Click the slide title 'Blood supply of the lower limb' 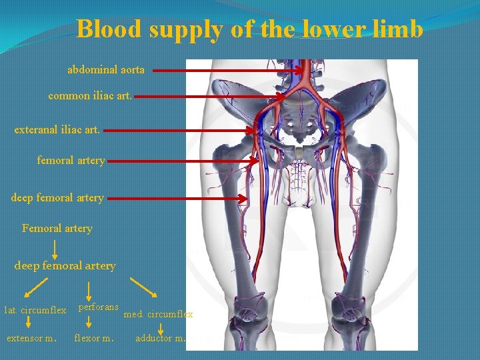click(250, 29)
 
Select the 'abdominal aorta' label click(106, 69)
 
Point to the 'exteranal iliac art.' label click(57, 129)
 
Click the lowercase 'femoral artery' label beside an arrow click(71, 161)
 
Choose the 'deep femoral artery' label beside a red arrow click(57, 198)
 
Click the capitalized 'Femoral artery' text click(57, 229)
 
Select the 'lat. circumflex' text click(35, 310)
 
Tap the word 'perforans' click(99, 307)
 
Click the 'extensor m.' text click(31, 338)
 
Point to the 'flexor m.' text click(94, 338)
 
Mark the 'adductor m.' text click(161, 338)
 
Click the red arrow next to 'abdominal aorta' click(227, 69)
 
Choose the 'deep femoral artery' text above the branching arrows click(65, 266)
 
